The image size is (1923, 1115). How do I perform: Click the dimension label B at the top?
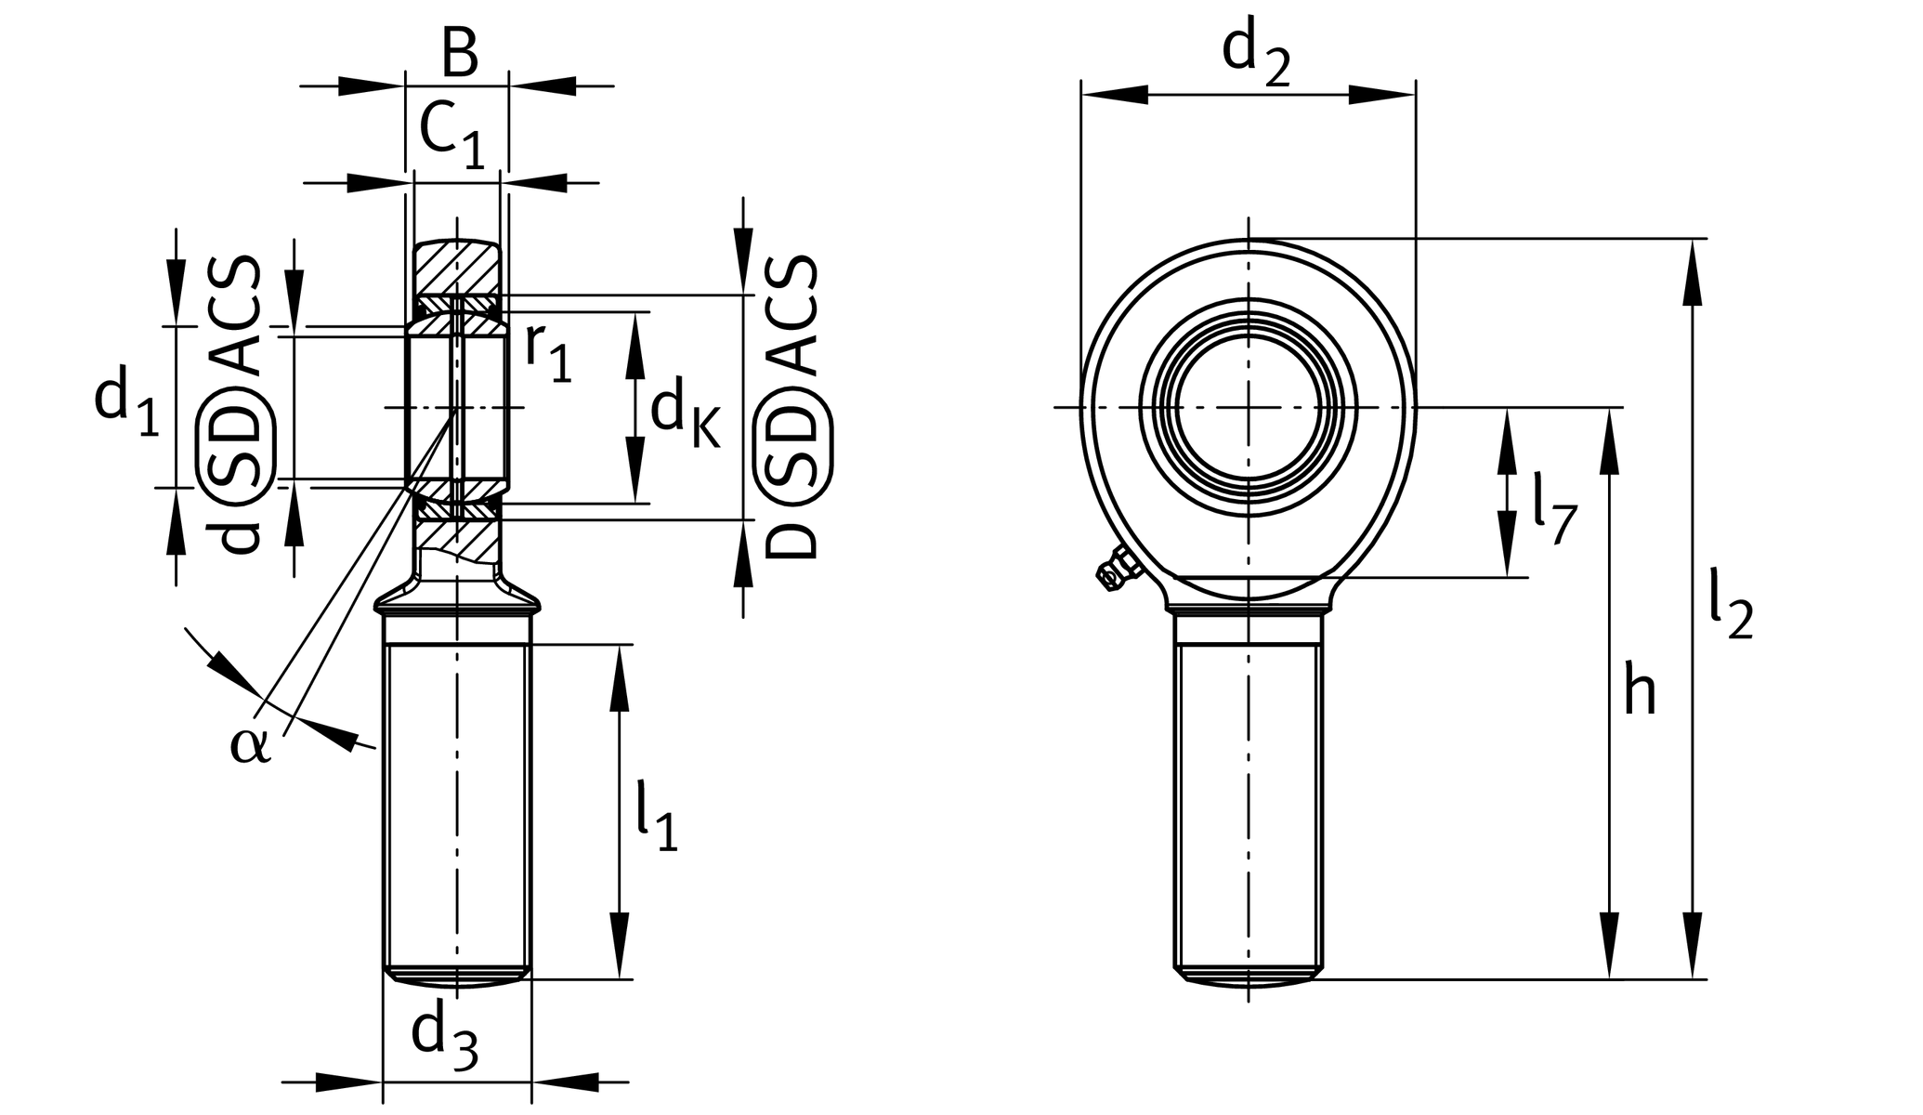click(459, 55)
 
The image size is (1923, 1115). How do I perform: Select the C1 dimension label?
click(451, 134)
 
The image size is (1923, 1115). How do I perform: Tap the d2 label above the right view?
click(1255, 54)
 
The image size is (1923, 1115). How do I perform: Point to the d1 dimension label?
click(126, 401)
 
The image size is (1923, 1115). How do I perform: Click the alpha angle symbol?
click(250, 745)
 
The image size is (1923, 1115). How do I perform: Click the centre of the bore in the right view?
click(1249, 407)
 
